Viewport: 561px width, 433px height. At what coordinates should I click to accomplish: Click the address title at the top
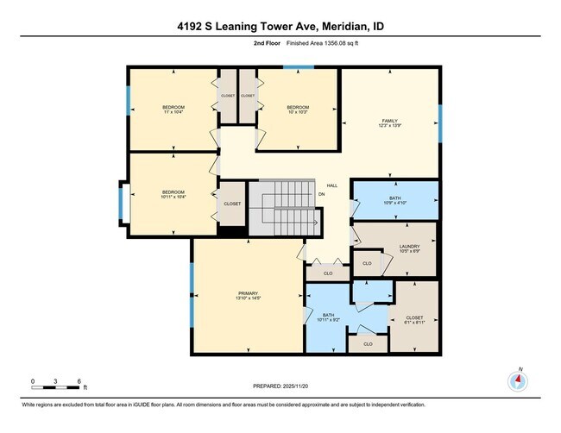click(280, 27)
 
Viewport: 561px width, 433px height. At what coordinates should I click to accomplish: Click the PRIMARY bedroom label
click(248, 296)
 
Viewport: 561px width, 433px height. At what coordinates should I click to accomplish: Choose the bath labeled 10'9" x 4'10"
click(395, 202)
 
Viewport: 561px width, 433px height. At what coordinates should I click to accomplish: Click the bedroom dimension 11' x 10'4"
click(173, 110)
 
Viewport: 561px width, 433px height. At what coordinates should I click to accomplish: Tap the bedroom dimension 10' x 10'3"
click(298, 110)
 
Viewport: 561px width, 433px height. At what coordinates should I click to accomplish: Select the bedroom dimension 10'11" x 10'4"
click(173, 196)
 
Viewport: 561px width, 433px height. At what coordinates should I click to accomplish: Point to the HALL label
click(331, 185)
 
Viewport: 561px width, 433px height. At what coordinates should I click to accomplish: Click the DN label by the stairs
click(321, 194)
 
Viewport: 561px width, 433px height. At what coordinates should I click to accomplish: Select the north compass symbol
click(520, 380)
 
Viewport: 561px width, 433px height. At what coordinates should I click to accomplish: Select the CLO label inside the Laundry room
click(367, 263)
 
